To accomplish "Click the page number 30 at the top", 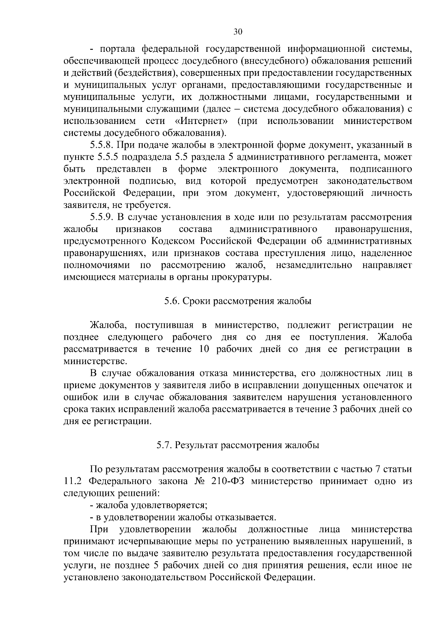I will tap(238, 32).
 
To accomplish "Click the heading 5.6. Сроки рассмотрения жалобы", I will tap(238, 301).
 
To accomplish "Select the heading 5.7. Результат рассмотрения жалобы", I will tap(238, 445).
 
